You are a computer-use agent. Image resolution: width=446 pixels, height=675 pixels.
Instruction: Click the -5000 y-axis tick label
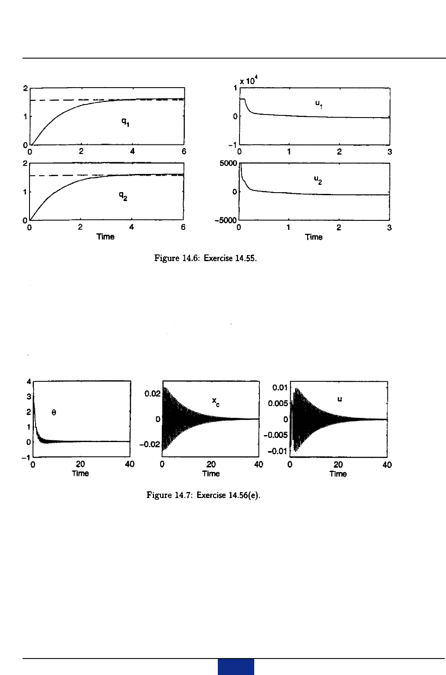pos(227,220)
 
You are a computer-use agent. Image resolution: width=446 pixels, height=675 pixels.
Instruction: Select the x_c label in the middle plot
pos(215,403)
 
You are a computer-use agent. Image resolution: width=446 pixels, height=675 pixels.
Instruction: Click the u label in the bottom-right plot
pos(340,399)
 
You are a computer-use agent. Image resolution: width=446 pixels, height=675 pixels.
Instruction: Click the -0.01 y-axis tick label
pos(278,452)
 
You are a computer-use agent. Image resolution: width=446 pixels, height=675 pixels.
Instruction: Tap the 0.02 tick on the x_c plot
pos(153,393)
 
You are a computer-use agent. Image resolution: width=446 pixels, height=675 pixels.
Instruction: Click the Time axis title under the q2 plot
pos(105,237)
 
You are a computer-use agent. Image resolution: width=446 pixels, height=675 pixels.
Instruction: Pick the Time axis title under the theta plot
pos(80,473)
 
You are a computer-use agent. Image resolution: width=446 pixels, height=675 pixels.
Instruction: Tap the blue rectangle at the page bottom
pos(236,667)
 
